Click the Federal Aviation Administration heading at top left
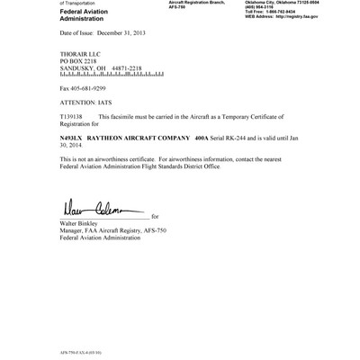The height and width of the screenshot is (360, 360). pos(85,15)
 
